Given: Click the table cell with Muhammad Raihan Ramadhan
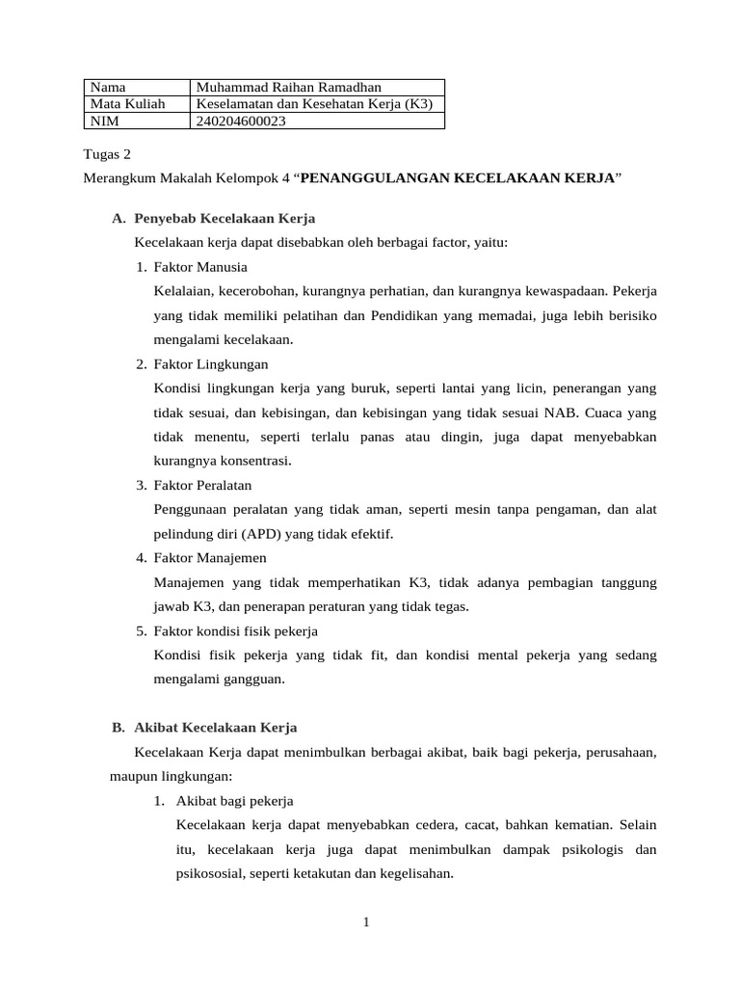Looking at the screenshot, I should coord(288,88).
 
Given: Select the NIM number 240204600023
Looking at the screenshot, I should coord(241,120).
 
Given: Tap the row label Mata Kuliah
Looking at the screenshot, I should coord(127,104).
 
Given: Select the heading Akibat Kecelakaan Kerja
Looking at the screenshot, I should coord(216,727).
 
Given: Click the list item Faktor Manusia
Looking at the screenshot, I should coord(200,267).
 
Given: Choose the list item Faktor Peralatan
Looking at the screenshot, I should coord(202,485).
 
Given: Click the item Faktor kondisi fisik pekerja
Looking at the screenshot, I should coord(235,630).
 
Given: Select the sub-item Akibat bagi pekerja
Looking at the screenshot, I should coord(235,801).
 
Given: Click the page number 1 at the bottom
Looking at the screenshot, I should coord(366,923).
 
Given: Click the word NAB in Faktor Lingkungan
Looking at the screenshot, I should coord(570,413).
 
